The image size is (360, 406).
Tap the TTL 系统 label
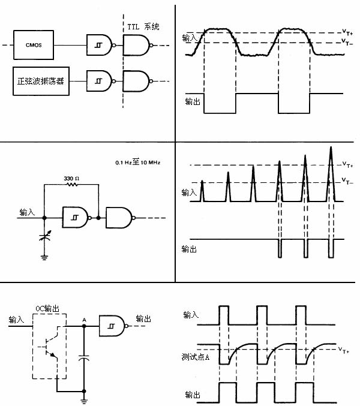tap(143, 27)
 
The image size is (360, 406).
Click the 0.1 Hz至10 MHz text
tap(137, 163)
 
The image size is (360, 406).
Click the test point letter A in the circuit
tap(83, 319)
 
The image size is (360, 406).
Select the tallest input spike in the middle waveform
tap(331, 174)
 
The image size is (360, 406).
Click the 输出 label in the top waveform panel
tap(193, 103)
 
